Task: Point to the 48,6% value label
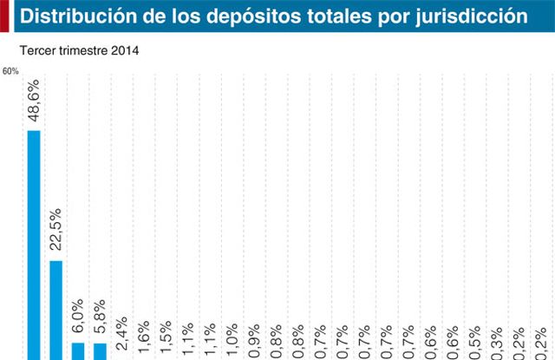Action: (x=34, y=106)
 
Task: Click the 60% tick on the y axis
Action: (x=10, y=71)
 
